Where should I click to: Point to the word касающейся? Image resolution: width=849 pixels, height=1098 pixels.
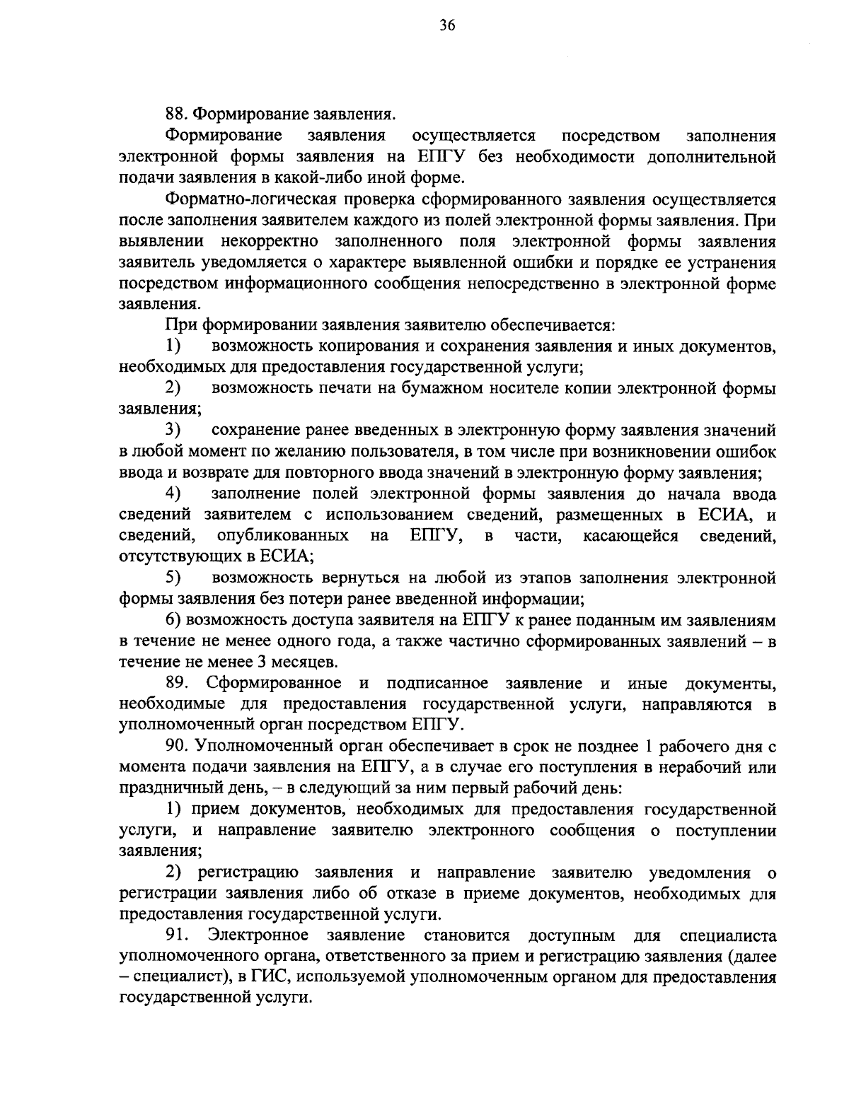click(630, 536)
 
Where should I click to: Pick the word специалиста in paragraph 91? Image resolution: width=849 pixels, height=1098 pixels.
click(728, 935)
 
